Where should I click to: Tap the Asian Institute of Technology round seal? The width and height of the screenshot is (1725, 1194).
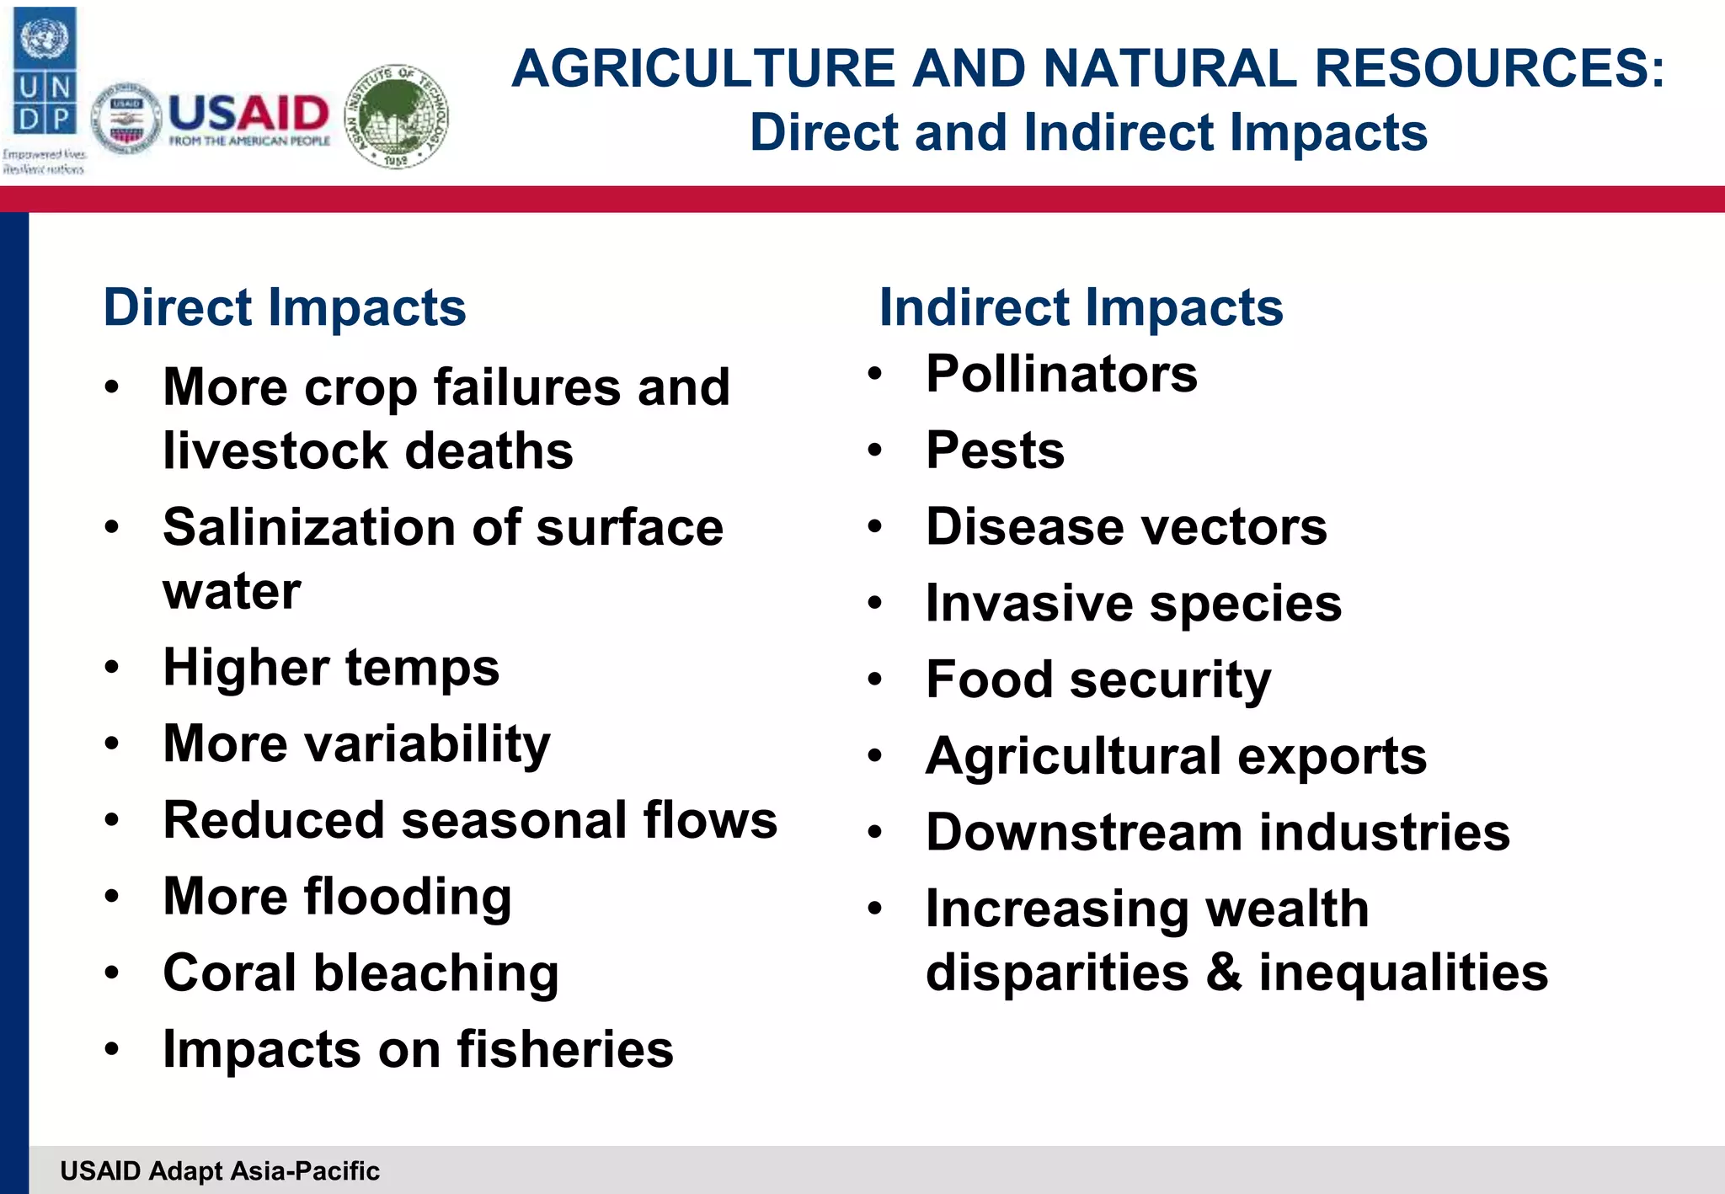click(x=398, y=116)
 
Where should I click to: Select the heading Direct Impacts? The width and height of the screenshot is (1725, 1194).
click(x=284, y=307)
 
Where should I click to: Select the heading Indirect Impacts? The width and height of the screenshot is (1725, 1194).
click(x=1081, y=307)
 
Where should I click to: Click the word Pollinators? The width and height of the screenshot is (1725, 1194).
click(x=1061, y=374)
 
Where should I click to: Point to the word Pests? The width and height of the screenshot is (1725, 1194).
click(x=995, y=450)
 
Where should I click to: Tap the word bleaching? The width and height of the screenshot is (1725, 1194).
click(x=436, y=973)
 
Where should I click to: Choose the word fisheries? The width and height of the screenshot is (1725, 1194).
click(x=565, y=1050)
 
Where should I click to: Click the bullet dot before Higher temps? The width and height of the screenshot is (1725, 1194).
click(x=112, y=669)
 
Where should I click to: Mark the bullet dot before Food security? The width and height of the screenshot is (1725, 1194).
click(x=875, y=680)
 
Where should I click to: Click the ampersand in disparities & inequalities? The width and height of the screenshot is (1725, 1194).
click(x=1224, y=973)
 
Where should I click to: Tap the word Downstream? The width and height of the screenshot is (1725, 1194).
click(x=1084, y=833)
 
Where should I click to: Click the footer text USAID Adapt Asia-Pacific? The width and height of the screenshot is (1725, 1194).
click(x=220, y=1171)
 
